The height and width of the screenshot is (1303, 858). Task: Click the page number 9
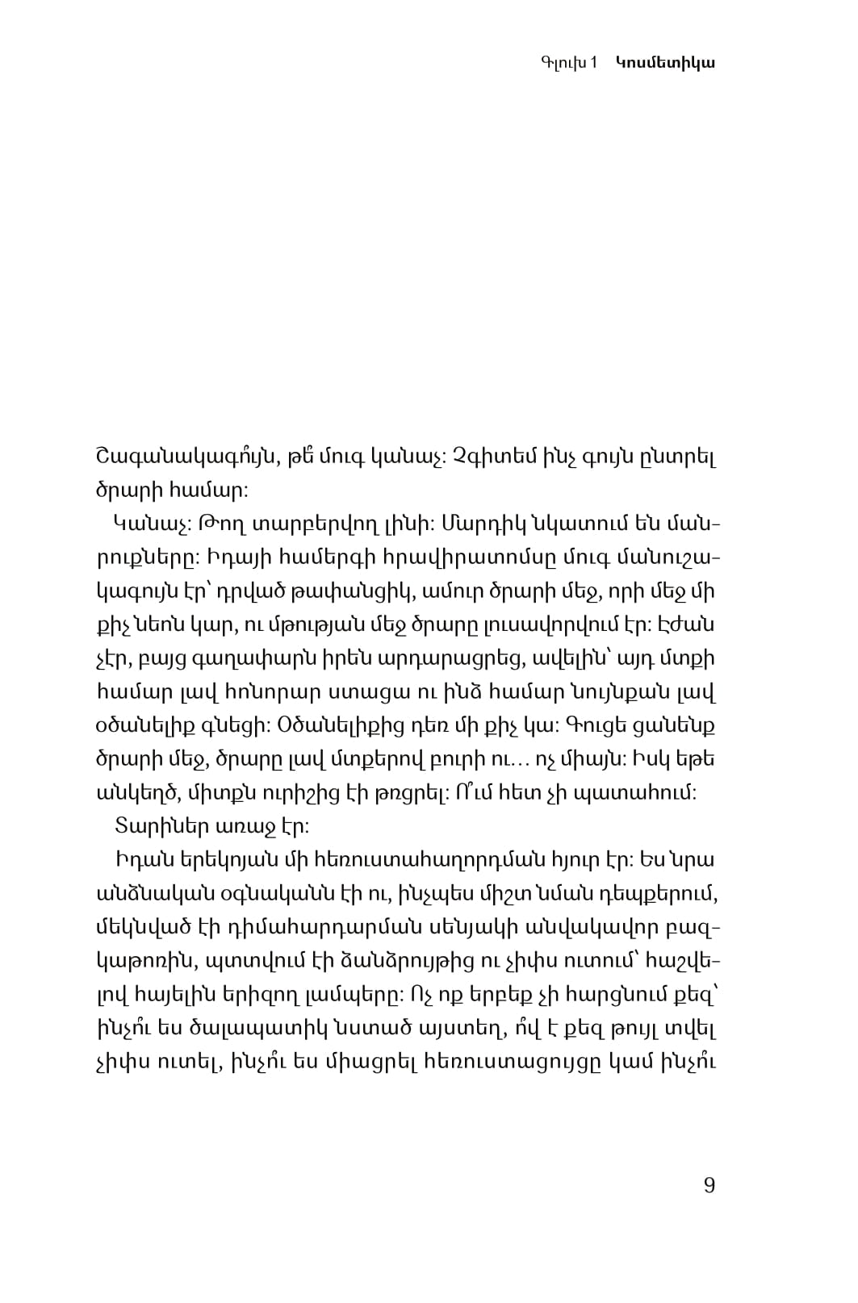pos(709,1185)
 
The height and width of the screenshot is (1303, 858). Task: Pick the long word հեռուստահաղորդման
pos(424,860)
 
